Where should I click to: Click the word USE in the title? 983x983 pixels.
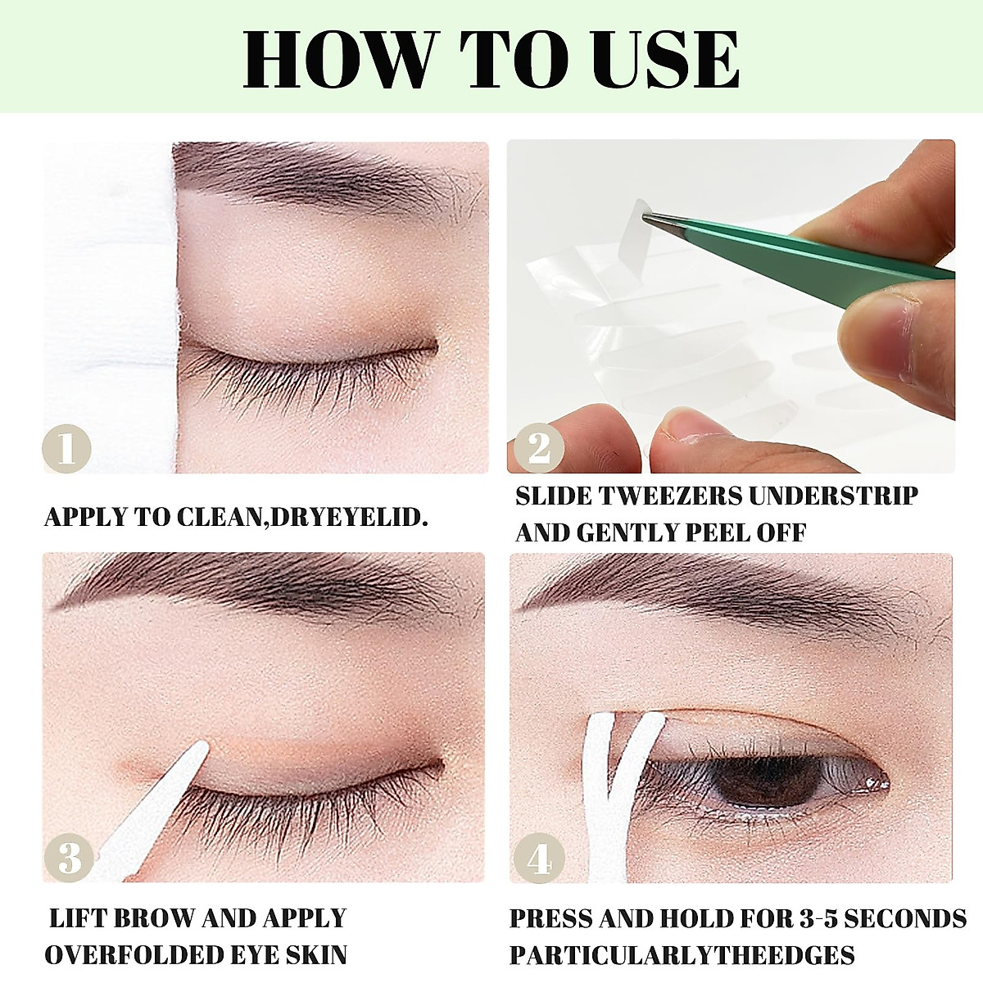coord(667,60)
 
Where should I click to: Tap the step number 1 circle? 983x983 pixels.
coord(66,449)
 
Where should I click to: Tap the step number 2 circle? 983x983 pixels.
coord(538,449)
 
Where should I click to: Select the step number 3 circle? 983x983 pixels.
coord(69,858)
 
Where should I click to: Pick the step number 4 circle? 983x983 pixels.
coord(538,858)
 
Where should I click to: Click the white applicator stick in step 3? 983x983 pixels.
coord(156,811)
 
